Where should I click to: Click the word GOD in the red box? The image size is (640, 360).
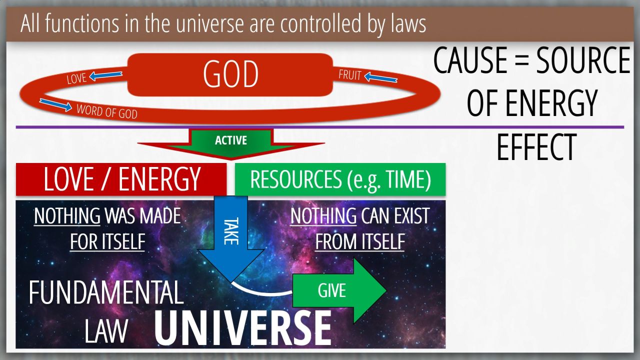(x=230, y=74)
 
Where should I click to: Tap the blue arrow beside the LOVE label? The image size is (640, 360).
(x=105, y=75)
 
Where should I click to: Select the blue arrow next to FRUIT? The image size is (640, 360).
(x=381, y=77)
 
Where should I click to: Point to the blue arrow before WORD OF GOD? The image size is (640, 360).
(x=55, y=105)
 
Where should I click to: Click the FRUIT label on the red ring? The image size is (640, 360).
(x=350, y=75)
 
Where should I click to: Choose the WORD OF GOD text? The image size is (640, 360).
(x=107, y=111)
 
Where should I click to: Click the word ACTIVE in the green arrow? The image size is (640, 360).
(x=231, y=140)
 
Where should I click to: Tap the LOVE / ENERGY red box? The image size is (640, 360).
(x=121, y=179)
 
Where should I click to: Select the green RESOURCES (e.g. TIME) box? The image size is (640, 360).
(x=340, y=179)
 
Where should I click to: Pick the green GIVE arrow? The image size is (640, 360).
(x=339, y=290)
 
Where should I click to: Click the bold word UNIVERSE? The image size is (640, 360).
(x=243, y=328)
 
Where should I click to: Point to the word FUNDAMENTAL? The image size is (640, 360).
(x=106, y=292)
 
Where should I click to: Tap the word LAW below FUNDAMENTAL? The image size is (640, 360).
(x=106, y=331)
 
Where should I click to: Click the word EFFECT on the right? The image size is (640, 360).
(x=536, y=147)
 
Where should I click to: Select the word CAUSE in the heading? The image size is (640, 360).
(x=470, y=60)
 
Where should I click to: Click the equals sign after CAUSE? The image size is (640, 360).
(x=521, y=61)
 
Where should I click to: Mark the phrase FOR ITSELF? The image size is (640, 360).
(x=107, y=241)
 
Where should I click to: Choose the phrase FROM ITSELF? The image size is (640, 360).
(x=360, y=241)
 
